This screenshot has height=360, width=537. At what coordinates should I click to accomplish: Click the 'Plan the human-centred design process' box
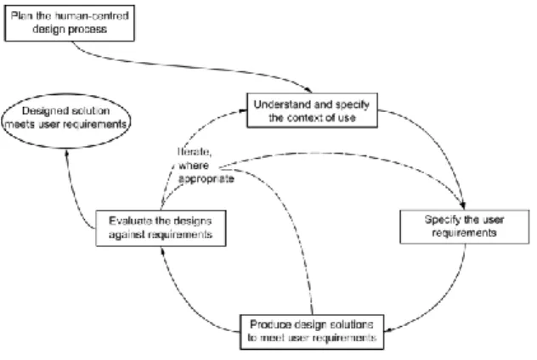[70, 23]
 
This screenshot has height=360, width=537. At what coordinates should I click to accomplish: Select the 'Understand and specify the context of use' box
[312, 110]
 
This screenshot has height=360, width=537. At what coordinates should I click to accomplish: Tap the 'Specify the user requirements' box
[465, 227]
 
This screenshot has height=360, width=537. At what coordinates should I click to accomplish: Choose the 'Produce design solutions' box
[312, 332]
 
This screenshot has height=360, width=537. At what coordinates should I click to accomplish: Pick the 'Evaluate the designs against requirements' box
[161, 228]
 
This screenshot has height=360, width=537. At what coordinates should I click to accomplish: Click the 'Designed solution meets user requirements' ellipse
[66, 121]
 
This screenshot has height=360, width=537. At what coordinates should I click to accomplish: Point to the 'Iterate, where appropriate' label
[206, 166]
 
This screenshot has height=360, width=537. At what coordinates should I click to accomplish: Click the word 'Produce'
[267, 324]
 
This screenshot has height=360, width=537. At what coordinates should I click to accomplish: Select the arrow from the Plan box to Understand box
[192, 67]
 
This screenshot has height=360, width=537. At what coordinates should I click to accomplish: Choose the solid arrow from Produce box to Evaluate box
[183, 301]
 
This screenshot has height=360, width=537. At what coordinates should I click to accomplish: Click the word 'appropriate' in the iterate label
[206, 179]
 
